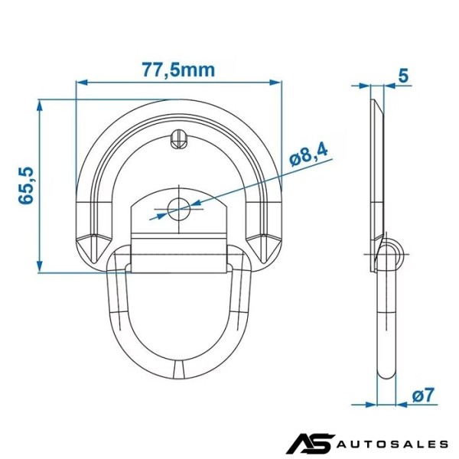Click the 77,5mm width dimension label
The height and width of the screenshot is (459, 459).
(x=178, y=70)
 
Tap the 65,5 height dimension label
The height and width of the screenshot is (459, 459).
(x=26, y=186)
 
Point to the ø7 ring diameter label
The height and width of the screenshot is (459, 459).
(x=423, y=395)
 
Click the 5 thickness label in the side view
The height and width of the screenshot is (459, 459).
(x=403, y=76)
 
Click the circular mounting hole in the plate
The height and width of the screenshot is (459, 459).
(x=179, y=209)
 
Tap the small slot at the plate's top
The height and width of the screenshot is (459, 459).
(x=178, y=139)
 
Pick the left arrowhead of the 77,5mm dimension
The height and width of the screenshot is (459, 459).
(x=82, y=83)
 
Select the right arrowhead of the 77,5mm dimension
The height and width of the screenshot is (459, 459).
(x=275, y=83)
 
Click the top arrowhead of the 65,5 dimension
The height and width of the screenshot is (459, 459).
(x=40, y=106)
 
